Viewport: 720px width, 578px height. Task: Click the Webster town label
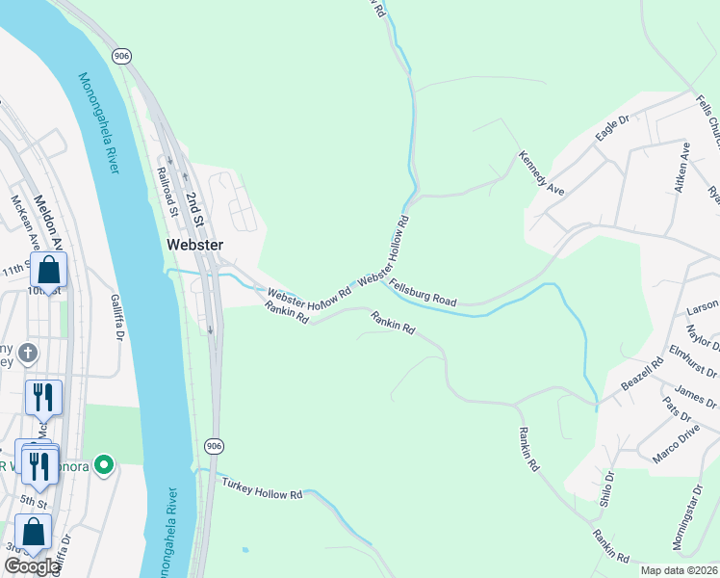[194, 245]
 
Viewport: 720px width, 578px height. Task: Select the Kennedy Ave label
[541, 172]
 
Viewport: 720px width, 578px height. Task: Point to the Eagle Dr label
[611, 128]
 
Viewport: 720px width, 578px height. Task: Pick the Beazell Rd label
[642, 375]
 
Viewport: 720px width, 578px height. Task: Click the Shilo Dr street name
[607, 487]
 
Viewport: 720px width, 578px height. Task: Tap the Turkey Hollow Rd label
[262, 487]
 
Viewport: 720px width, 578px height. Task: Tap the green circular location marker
[105, 466]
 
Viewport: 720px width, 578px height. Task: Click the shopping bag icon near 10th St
[48, 269]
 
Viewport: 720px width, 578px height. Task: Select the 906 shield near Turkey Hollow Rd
[213, 445]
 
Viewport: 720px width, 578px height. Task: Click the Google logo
[31, 566]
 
